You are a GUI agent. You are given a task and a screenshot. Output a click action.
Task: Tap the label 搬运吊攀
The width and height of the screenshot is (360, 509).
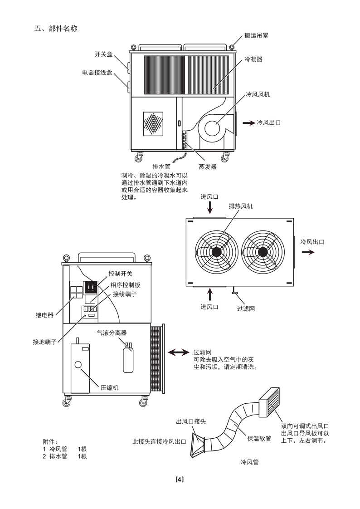(x=256, y=35)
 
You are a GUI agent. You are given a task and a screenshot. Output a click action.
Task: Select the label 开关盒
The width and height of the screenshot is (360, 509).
(x=103, y=54)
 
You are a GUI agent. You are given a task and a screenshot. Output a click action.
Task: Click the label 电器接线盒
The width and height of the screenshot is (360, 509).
(x=97, y=72)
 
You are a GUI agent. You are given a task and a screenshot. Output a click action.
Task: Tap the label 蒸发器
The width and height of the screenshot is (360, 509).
(x=207, y=166)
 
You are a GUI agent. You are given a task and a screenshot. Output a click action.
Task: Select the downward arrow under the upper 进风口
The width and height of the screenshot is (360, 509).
(x=209, y=208)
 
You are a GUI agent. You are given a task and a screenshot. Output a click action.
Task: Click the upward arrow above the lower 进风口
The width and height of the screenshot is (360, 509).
(x=209, y=294)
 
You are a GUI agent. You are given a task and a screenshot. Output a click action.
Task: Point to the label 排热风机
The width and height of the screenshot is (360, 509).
(x=240, y=206)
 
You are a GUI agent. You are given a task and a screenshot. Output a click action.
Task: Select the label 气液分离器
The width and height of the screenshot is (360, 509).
(x=112, y=333)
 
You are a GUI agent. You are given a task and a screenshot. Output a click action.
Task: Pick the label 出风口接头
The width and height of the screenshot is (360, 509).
(x=191, y=421)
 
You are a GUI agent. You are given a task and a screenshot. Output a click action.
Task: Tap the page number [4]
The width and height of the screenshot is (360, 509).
(x=180, y=479)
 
